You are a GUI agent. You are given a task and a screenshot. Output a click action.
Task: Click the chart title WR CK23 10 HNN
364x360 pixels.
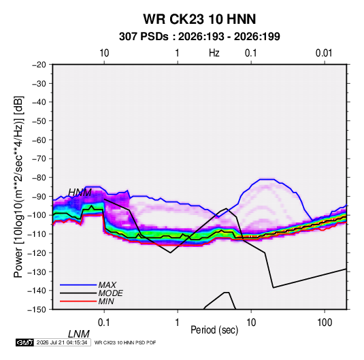(199, 19)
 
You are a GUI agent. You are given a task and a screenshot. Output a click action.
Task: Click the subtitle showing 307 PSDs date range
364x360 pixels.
(199, 37)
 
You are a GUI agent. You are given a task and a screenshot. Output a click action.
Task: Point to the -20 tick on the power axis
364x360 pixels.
(39, 65)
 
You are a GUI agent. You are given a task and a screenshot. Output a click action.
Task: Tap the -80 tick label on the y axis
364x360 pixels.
(39, 178)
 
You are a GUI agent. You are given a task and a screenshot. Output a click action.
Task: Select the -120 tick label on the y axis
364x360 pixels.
(37, 253)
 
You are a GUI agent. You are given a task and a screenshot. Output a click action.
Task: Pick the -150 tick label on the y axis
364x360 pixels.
(37, 310)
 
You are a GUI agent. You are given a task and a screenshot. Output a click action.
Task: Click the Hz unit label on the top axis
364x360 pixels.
(214, 53)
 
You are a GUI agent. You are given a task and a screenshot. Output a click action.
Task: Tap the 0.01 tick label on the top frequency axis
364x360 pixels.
(324, 53)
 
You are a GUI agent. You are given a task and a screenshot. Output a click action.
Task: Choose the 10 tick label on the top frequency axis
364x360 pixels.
(104, 53)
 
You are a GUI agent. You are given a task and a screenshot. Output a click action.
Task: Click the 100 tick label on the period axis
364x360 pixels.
(325, 323)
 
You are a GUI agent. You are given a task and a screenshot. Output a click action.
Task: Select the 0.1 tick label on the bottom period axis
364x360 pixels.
(104, 323)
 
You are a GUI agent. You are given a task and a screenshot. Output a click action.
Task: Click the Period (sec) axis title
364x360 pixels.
(214, 330)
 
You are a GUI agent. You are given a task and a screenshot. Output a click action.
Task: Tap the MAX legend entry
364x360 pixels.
(107, 284)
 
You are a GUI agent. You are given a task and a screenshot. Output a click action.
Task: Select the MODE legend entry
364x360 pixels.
(110, 293)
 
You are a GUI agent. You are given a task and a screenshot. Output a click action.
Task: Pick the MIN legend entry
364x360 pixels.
(106, 301)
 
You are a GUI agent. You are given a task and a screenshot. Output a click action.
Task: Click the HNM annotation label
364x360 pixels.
(80, 193)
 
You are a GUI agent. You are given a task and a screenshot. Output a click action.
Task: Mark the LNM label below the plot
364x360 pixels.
(79, 334)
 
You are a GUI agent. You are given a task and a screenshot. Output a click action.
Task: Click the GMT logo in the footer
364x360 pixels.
(25, 342)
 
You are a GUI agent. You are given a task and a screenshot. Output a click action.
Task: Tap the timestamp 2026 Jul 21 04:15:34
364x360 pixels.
(62, 342)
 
